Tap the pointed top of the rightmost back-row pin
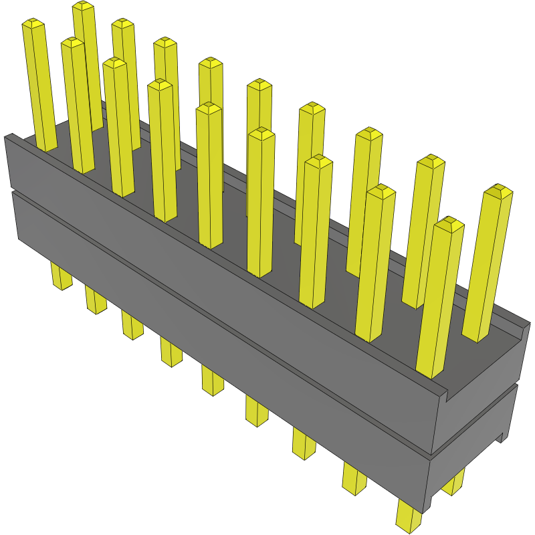coord(498,191)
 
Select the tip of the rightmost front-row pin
coord(448,224)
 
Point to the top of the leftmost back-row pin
coord(83,6)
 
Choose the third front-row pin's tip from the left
coord(114,63)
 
